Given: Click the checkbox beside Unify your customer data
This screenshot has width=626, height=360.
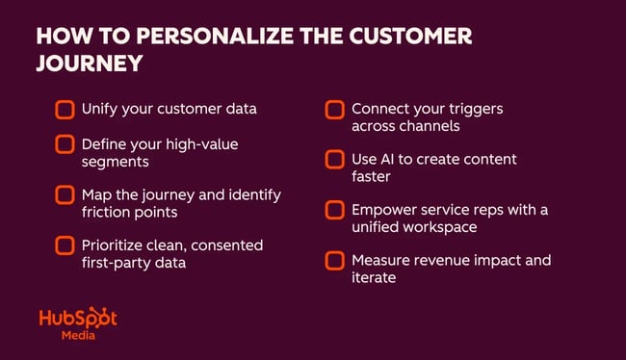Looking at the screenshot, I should (65, 109).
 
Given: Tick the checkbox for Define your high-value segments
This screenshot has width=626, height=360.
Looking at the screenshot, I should (65, 144).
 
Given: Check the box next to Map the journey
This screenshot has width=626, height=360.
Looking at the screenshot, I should (65, 194).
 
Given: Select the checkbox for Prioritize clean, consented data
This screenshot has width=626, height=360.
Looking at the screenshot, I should (65, 245).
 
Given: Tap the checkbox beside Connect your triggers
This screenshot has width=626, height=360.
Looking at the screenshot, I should (334, 109).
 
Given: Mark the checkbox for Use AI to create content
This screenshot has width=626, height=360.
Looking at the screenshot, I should (334, 158).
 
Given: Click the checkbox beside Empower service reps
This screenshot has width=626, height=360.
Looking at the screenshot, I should (334, 209).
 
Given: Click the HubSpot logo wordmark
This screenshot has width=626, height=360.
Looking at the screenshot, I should (78, 320).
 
